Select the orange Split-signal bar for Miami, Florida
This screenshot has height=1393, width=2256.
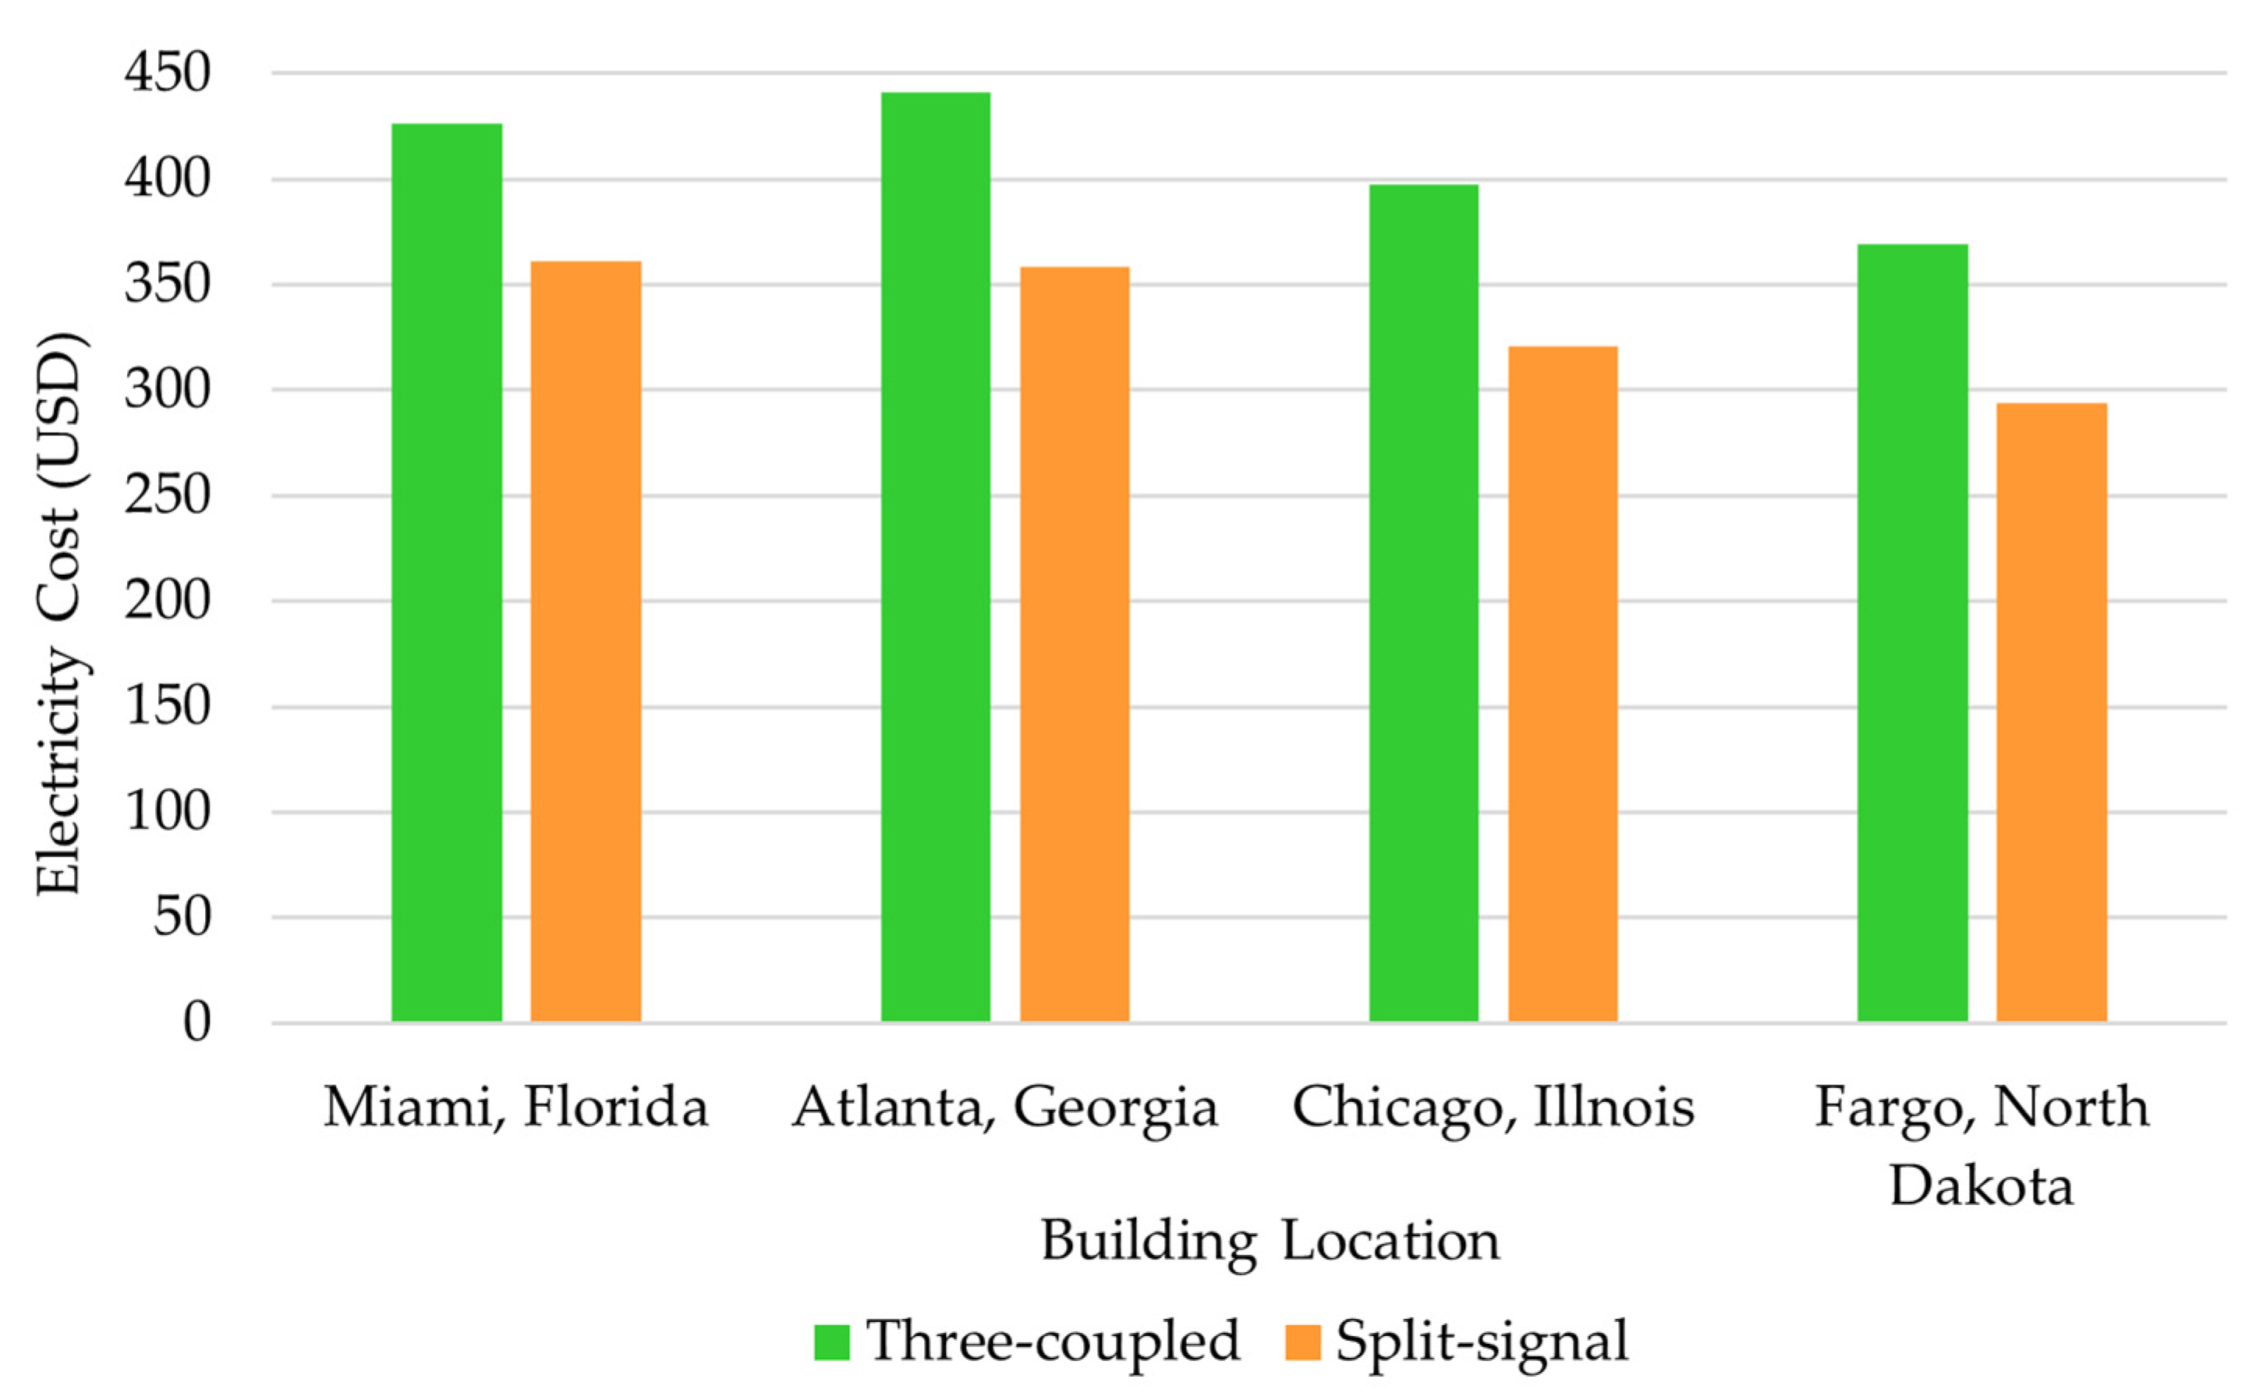click(586, 641)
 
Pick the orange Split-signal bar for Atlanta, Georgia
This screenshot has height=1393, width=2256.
click(1074, 644)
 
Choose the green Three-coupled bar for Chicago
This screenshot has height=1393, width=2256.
click(1423, 603)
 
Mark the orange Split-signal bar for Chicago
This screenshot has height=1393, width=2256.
click(1562, 683)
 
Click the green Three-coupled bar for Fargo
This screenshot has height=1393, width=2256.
click(1912, 633)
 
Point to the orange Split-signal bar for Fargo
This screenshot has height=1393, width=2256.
click(2052, 712)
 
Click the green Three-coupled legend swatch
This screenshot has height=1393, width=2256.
click(831, 1342)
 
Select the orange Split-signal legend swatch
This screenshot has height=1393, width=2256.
click(1302, 1342)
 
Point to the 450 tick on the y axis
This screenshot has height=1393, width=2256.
click(168, 73)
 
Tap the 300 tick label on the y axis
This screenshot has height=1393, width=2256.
click(168, 390)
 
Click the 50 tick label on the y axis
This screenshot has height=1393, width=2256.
click(182, 916)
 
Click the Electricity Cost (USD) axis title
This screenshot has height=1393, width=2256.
click(59, 613)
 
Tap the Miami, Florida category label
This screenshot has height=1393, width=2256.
click(516, 1108)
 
